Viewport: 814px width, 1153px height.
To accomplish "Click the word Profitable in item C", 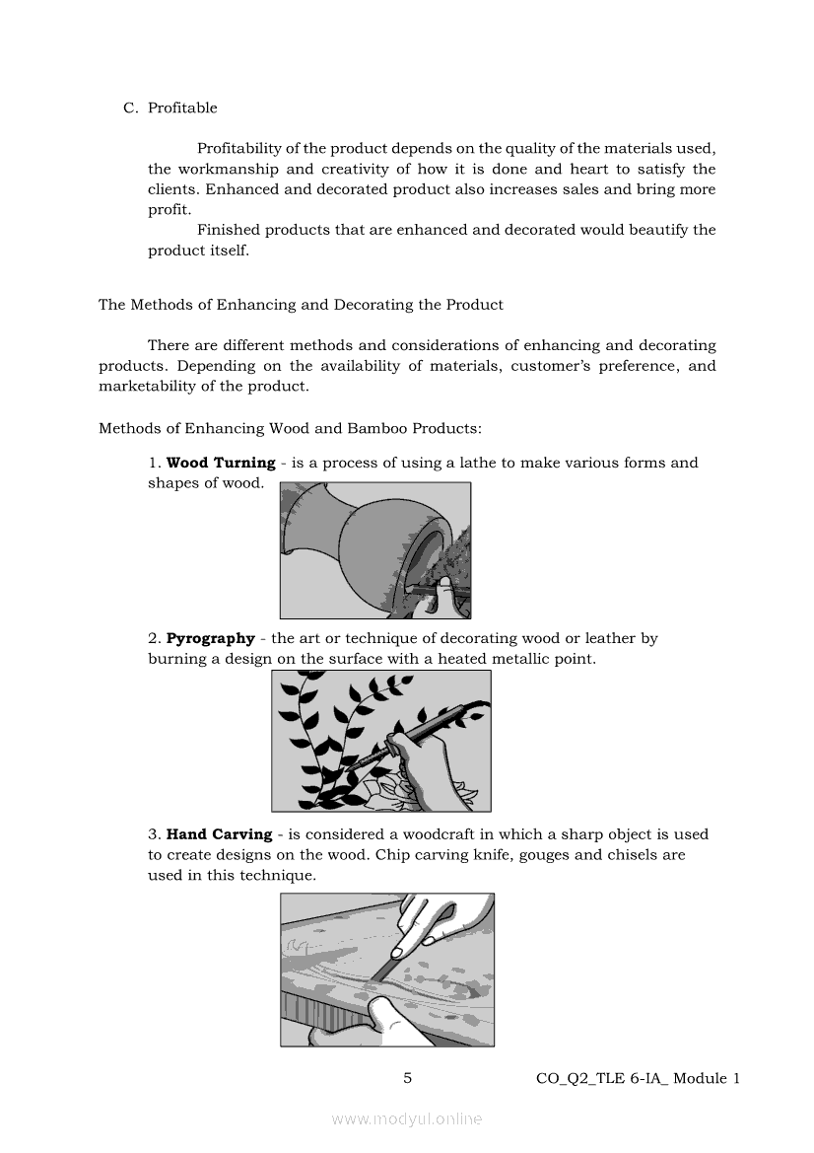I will tap(182, 108).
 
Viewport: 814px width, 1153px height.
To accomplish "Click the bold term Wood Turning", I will tap(221, 463).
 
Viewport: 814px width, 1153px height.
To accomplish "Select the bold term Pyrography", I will tap(210, 638).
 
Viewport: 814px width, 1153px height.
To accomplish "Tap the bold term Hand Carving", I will tap(219, 834).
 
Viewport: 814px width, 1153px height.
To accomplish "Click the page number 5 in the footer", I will tap(407, 1078).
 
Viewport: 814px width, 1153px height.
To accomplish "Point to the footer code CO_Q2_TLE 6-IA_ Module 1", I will tap(637, 1078).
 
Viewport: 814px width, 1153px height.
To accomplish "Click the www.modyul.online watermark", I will tap(407, 1118).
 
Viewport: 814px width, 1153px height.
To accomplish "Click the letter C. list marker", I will tap(130, 108).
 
